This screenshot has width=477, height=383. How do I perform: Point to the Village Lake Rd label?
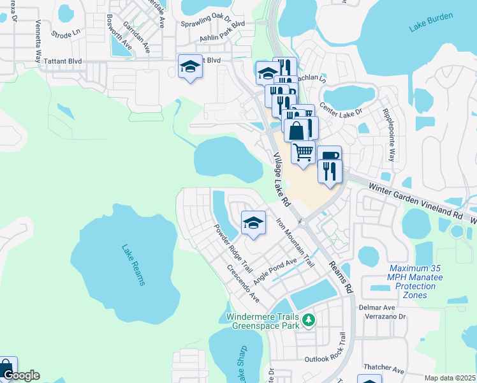281,179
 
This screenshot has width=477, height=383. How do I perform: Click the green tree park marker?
309,319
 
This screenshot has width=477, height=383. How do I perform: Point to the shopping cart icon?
303,151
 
